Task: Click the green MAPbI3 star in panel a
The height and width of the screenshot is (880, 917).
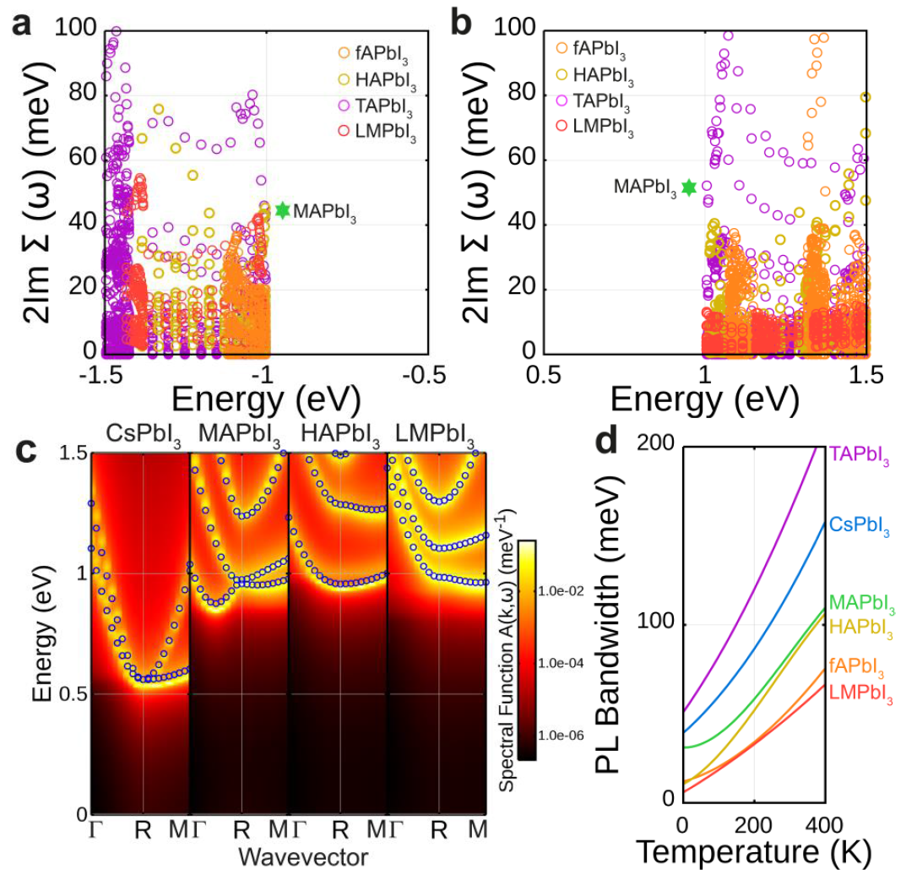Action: pyautogui.click(x=282, y=209)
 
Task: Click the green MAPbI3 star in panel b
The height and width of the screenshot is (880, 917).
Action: pyautogui.click(x=689, y=187)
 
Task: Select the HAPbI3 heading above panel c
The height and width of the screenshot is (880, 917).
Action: pyautogui.click(x=338, y=437)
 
